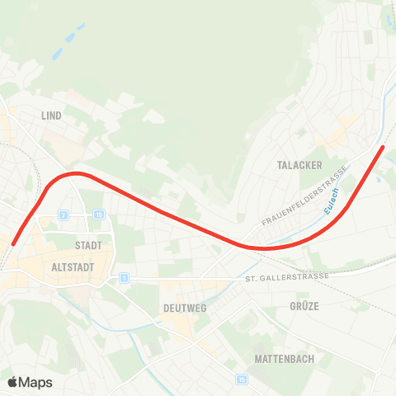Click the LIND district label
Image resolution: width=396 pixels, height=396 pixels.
pos(51,116)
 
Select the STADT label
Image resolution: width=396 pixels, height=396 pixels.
pos(87,246)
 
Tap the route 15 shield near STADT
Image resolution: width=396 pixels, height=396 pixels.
pos(98,215)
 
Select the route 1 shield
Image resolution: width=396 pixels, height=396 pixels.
pos(124,278)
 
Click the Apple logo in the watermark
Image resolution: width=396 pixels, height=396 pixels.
pos(13,382)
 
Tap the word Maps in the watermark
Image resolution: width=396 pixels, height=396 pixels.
pos(35,382)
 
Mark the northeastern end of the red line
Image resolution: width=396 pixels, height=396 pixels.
pos(383,148)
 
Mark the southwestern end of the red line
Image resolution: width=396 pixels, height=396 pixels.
pos(14,243)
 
